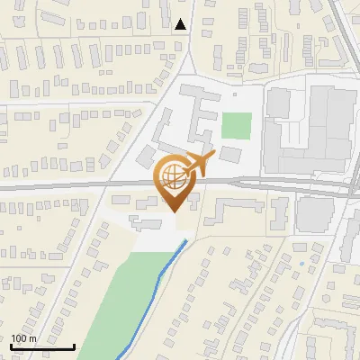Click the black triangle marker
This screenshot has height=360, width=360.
[x=182, y=24]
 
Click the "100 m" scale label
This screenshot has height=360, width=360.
[x=23, y=338]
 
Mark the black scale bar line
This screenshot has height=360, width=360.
[x=42, y=346]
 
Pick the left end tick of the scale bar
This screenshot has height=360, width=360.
[x=11, y=346]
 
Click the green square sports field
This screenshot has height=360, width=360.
[x=235, y=125]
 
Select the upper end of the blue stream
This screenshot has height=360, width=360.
[x=186, y=240]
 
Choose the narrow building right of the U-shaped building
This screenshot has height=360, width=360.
[x=280, y=212]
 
